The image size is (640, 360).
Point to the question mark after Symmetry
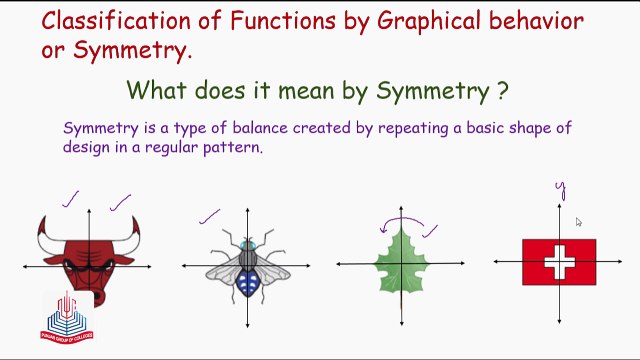pos(501,91)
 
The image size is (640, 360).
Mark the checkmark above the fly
pos(209,215)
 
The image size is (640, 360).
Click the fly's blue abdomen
pos(246,284)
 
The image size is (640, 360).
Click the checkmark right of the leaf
pos(432,231)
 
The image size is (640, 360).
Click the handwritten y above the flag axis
pos(561,187)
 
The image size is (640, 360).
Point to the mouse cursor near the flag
pos(578,222)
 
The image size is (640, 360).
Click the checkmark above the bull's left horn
pos(70,202)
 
